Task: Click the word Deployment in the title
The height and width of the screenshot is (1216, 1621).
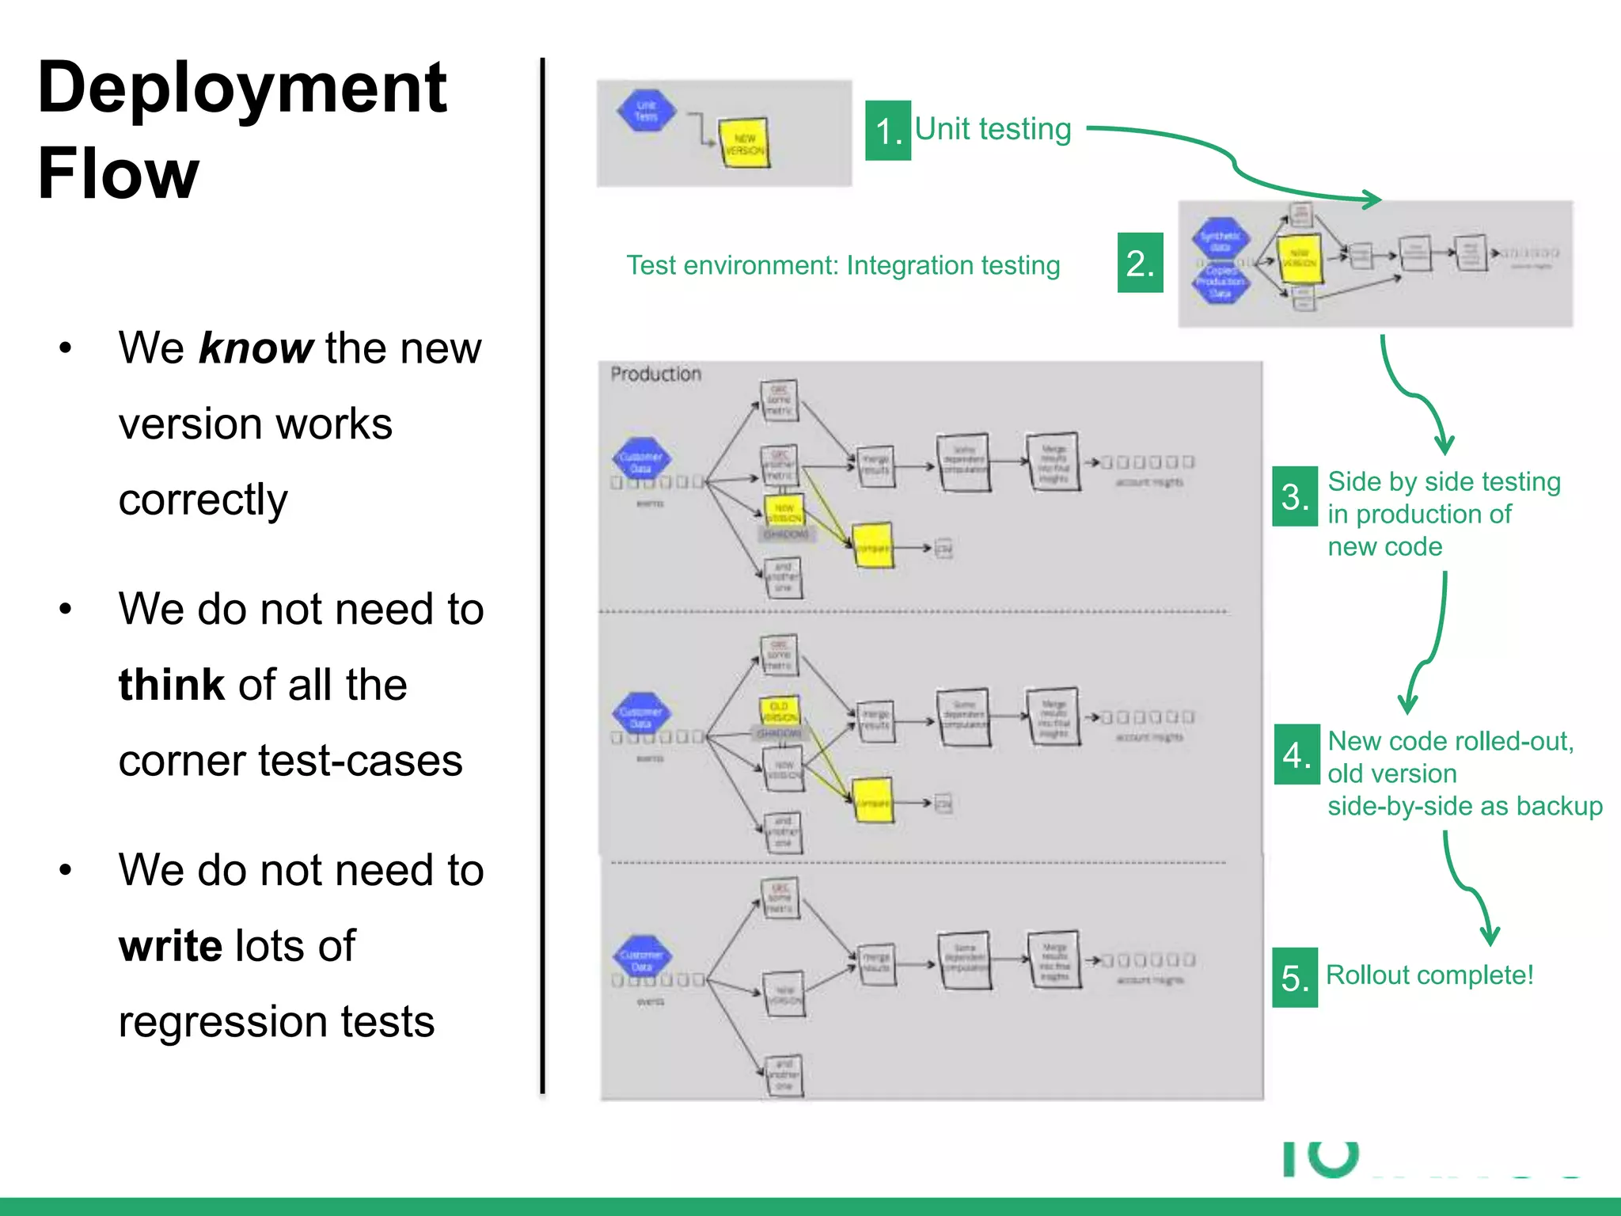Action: pos(242,89)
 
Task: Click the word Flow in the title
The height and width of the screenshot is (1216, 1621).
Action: pos(119,174)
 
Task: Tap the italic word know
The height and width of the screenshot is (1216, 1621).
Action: pos(256,348)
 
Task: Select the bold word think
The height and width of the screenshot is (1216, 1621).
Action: pos(172,685)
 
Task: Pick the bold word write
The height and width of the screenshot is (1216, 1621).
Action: pos(170,946)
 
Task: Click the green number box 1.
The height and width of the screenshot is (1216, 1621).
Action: pos(888,131)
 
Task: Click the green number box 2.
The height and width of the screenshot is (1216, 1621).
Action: pos(1140,263)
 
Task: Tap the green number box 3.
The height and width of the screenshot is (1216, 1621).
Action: pos(1295,496)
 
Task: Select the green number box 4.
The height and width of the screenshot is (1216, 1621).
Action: pos(1296,754)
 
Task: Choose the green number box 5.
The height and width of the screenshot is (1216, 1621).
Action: pos(1295,978)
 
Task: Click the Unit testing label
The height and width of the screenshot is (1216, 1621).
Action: pos(993,129)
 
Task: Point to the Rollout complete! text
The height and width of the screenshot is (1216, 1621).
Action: pos(1429,975)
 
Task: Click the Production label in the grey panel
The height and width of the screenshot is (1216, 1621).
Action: pos(655,374)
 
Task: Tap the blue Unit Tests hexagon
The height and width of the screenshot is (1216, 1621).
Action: pos(646,111)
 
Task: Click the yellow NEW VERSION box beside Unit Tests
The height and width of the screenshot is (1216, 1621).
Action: pos(744,144)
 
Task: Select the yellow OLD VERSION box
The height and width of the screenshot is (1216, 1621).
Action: pos(780,710)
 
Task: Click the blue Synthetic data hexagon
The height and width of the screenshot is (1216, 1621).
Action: pos(1220,237)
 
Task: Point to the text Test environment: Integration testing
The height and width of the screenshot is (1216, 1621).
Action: pos(843,265)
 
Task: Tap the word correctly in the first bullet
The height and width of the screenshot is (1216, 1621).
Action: pos(203,499)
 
